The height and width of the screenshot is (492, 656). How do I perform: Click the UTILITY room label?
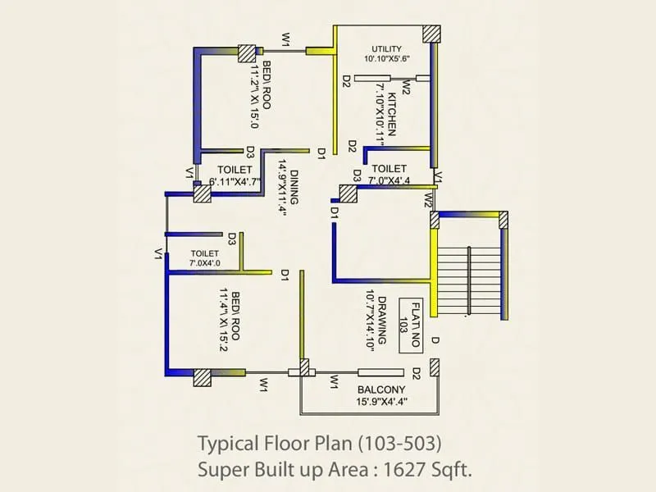386,48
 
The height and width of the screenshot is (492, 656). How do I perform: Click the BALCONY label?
378,390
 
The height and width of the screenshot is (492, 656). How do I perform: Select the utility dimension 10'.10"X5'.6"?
387,59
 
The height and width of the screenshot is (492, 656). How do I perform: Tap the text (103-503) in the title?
400,444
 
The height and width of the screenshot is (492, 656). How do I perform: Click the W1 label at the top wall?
286,39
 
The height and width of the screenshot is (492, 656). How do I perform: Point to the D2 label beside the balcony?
417,374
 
